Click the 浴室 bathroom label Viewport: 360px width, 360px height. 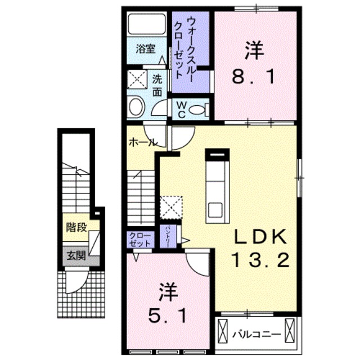pos(146,48)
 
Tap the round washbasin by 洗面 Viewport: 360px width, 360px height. pos(136,106)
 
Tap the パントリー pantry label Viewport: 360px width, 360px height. pos(168,236)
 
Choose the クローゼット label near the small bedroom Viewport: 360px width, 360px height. pos(139,240)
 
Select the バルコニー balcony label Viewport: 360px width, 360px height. pos(257,334)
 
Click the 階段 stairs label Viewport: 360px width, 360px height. pos(77,227)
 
